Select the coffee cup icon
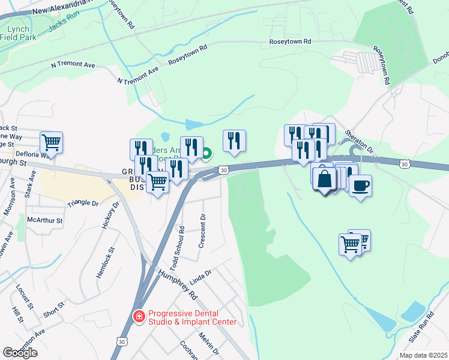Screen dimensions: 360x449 (x=360, y=185)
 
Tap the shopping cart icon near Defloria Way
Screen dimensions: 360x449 (x=51, y=143)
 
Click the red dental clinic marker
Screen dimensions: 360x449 (x=139, y=316)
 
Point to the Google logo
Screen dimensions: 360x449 (x=20, y=353)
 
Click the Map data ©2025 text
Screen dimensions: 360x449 (x=423, y=355)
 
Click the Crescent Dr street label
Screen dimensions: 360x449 (x=203, y=231)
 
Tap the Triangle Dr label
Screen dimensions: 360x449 (x=83, y=203)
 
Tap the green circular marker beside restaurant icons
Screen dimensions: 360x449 (x=206, y=155)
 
